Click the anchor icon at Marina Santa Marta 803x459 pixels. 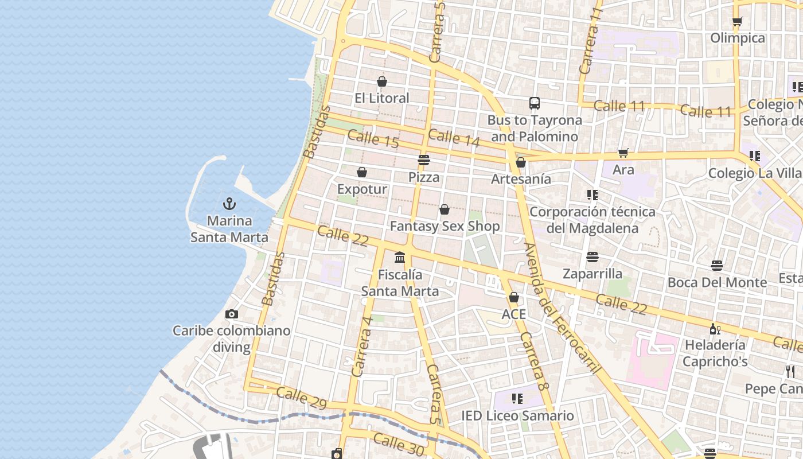[x=229, y=204]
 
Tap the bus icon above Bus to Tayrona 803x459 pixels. [x=535, y=103]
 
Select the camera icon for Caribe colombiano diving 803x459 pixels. [x=232, y=314]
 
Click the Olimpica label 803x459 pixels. [x=738, y=38]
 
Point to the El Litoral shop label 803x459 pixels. [x=382, y=98]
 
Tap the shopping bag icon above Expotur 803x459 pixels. [x=362, y=172]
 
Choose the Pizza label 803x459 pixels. [x=424, y=177]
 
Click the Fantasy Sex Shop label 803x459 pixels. [x=445, y=226]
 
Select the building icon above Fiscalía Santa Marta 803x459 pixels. [x=400, y=258]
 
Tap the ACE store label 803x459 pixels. [x=513, y=314]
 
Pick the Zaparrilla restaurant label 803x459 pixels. [x=592, y=273]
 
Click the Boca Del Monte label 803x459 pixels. [x=717, y=282]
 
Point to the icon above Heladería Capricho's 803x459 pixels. [x=715, y=329]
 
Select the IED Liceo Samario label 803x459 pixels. [x=517, y=415]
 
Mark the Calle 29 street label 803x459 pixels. [x=301, y=398]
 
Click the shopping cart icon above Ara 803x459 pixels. [x=623, y=153]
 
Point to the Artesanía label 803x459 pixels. [x=521, y=179]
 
